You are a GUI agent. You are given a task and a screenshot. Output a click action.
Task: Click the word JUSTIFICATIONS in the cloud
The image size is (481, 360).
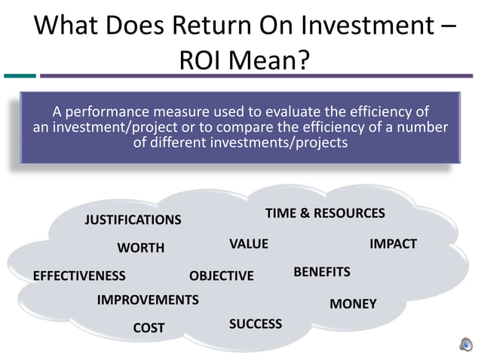point(133,220)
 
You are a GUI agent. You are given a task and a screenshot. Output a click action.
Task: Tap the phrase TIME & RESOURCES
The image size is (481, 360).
point(325,213)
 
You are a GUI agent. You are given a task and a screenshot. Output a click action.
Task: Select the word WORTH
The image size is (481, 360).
point(141,248)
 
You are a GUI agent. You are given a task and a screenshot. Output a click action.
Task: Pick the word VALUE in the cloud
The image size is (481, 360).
point(249,244)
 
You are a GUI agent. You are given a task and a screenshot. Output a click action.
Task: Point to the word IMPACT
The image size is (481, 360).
point(393,244)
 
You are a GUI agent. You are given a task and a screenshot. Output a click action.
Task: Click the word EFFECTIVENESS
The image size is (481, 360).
point(79,276)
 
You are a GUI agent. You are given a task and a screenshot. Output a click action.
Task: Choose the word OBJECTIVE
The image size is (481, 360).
point(222,276)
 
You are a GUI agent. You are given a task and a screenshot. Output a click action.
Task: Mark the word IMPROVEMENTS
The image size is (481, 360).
point(148,300)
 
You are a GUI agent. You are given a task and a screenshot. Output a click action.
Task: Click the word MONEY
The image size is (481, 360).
point(353,304)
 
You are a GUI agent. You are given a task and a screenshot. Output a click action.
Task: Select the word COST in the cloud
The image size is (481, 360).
point(149,328)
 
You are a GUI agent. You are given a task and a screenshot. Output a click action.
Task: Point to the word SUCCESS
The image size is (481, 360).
point(256,324)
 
